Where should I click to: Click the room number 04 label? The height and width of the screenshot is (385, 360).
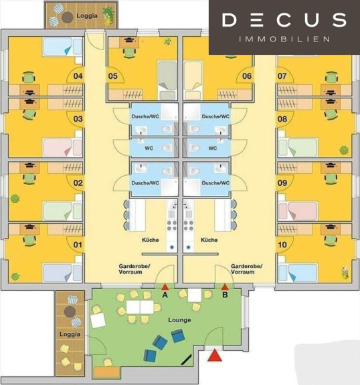[x=78, y=76]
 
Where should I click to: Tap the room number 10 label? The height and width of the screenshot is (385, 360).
[x=282, y=245]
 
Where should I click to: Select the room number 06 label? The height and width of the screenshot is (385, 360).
[x=247, y=76]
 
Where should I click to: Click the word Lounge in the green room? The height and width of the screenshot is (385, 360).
[x=179, y=320]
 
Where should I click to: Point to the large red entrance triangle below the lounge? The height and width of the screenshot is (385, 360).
[x=215, y=356]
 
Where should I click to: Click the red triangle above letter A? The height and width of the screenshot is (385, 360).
[x=165, y=287]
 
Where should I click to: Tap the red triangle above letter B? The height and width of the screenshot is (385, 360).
[x=225, y=287]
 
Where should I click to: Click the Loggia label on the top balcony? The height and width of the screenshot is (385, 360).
[x=87, y=16]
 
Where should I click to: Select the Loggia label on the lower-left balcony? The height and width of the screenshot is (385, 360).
[x=70, y=334]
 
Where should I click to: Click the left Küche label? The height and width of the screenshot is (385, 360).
[x=151, y=240]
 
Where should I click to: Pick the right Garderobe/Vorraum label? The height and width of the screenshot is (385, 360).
[x=246, y=269]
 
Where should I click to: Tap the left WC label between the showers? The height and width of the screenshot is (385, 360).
[x=149, y=148]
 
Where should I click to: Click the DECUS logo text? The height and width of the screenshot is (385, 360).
[x=284, y=20]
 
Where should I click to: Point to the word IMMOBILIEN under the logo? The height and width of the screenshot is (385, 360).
[x=284, y=39]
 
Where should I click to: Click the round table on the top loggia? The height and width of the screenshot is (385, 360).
[x=68, y=17]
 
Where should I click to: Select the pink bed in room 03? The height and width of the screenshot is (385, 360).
[x=62, y=147]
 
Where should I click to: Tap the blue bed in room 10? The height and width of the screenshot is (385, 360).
[x=298, y=273]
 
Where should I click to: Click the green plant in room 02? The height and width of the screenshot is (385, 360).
[x=15, y=199]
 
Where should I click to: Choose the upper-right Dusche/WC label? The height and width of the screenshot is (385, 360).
[x=215, y=116]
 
